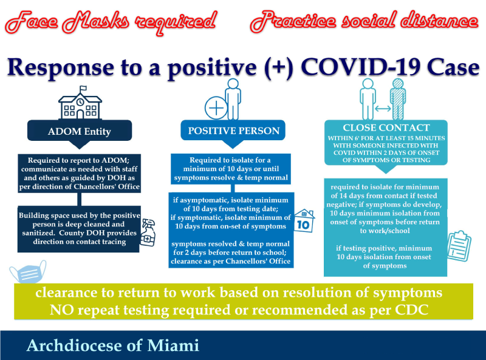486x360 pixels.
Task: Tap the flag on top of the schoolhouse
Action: click(83, 89)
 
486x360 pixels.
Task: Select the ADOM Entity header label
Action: click(80, 131)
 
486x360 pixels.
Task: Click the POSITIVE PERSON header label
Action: click(234, 131)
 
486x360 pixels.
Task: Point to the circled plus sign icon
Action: click(216, 108)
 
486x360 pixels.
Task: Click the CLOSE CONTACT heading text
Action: click(386, 127)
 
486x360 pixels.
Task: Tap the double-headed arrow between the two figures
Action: click(383, 109)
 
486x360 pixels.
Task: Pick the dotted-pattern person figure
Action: click(398, 99)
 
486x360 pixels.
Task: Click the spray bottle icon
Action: click(148, 233)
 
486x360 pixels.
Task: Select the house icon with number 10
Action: click(304, 220)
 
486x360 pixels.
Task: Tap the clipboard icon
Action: click(459, 246)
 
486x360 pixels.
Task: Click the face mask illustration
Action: click(28, 272)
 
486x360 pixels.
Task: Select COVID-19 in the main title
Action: click(361, 67)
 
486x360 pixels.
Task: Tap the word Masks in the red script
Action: click(95, 22)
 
